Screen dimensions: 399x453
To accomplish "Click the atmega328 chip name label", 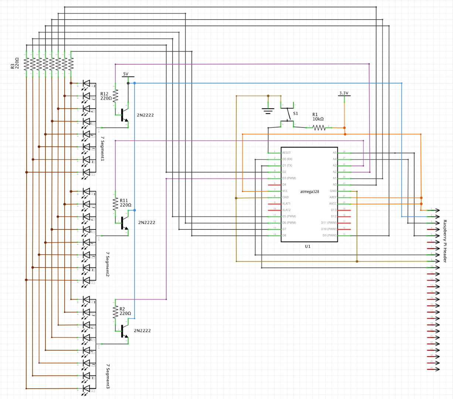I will [x=309, y=191].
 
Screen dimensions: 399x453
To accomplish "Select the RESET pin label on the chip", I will [x=286, y=153].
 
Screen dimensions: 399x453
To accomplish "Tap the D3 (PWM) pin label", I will [x=289, y=178].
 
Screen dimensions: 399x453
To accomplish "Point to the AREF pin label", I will [x=333, y=197].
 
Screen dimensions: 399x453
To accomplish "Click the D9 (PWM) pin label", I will [x=330, y=235].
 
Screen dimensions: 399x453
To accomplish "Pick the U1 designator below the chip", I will [x=308, y=246].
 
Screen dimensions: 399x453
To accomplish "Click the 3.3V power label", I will [x=344, y=93].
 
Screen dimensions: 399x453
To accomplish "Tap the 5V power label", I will [x=126, y=74].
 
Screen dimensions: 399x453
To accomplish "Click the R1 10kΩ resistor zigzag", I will [x=319, y=127].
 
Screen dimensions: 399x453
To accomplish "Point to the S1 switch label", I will [x=295, y=114].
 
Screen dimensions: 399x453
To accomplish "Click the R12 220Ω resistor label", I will [x=106, y=96].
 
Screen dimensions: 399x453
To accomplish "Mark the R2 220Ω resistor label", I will [x=125, y=311].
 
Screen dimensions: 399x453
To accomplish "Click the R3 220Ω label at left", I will [x=15, y=64].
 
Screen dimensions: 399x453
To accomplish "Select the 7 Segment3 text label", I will [x=108, y=376].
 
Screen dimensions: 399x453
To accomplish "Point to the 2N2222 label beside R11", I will [x=147, y=222].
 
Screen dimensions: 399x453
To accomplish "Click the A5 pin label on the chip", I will [x=334, y=153].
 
